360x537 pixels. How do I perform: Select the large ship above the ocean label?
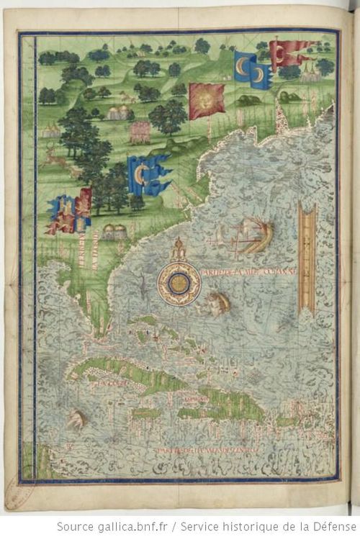pyautogui.click(x=248, y=235)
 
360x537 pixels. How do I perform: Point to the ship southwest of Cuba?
pyautogui.click(x=76, y=418)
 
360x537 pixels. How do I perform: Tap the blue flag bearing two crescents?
pyautogui.click(x=252, y=69)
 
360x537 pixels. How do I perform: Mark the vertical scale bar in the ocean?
pyautogui.click(x=309, y=259)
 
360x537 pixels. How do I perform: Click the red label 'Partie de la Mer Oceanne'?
pyautogui.click(x=246, y=274)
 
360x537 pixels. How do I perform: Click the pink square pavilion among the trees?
pyautogui.click(x=140, y=131)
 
